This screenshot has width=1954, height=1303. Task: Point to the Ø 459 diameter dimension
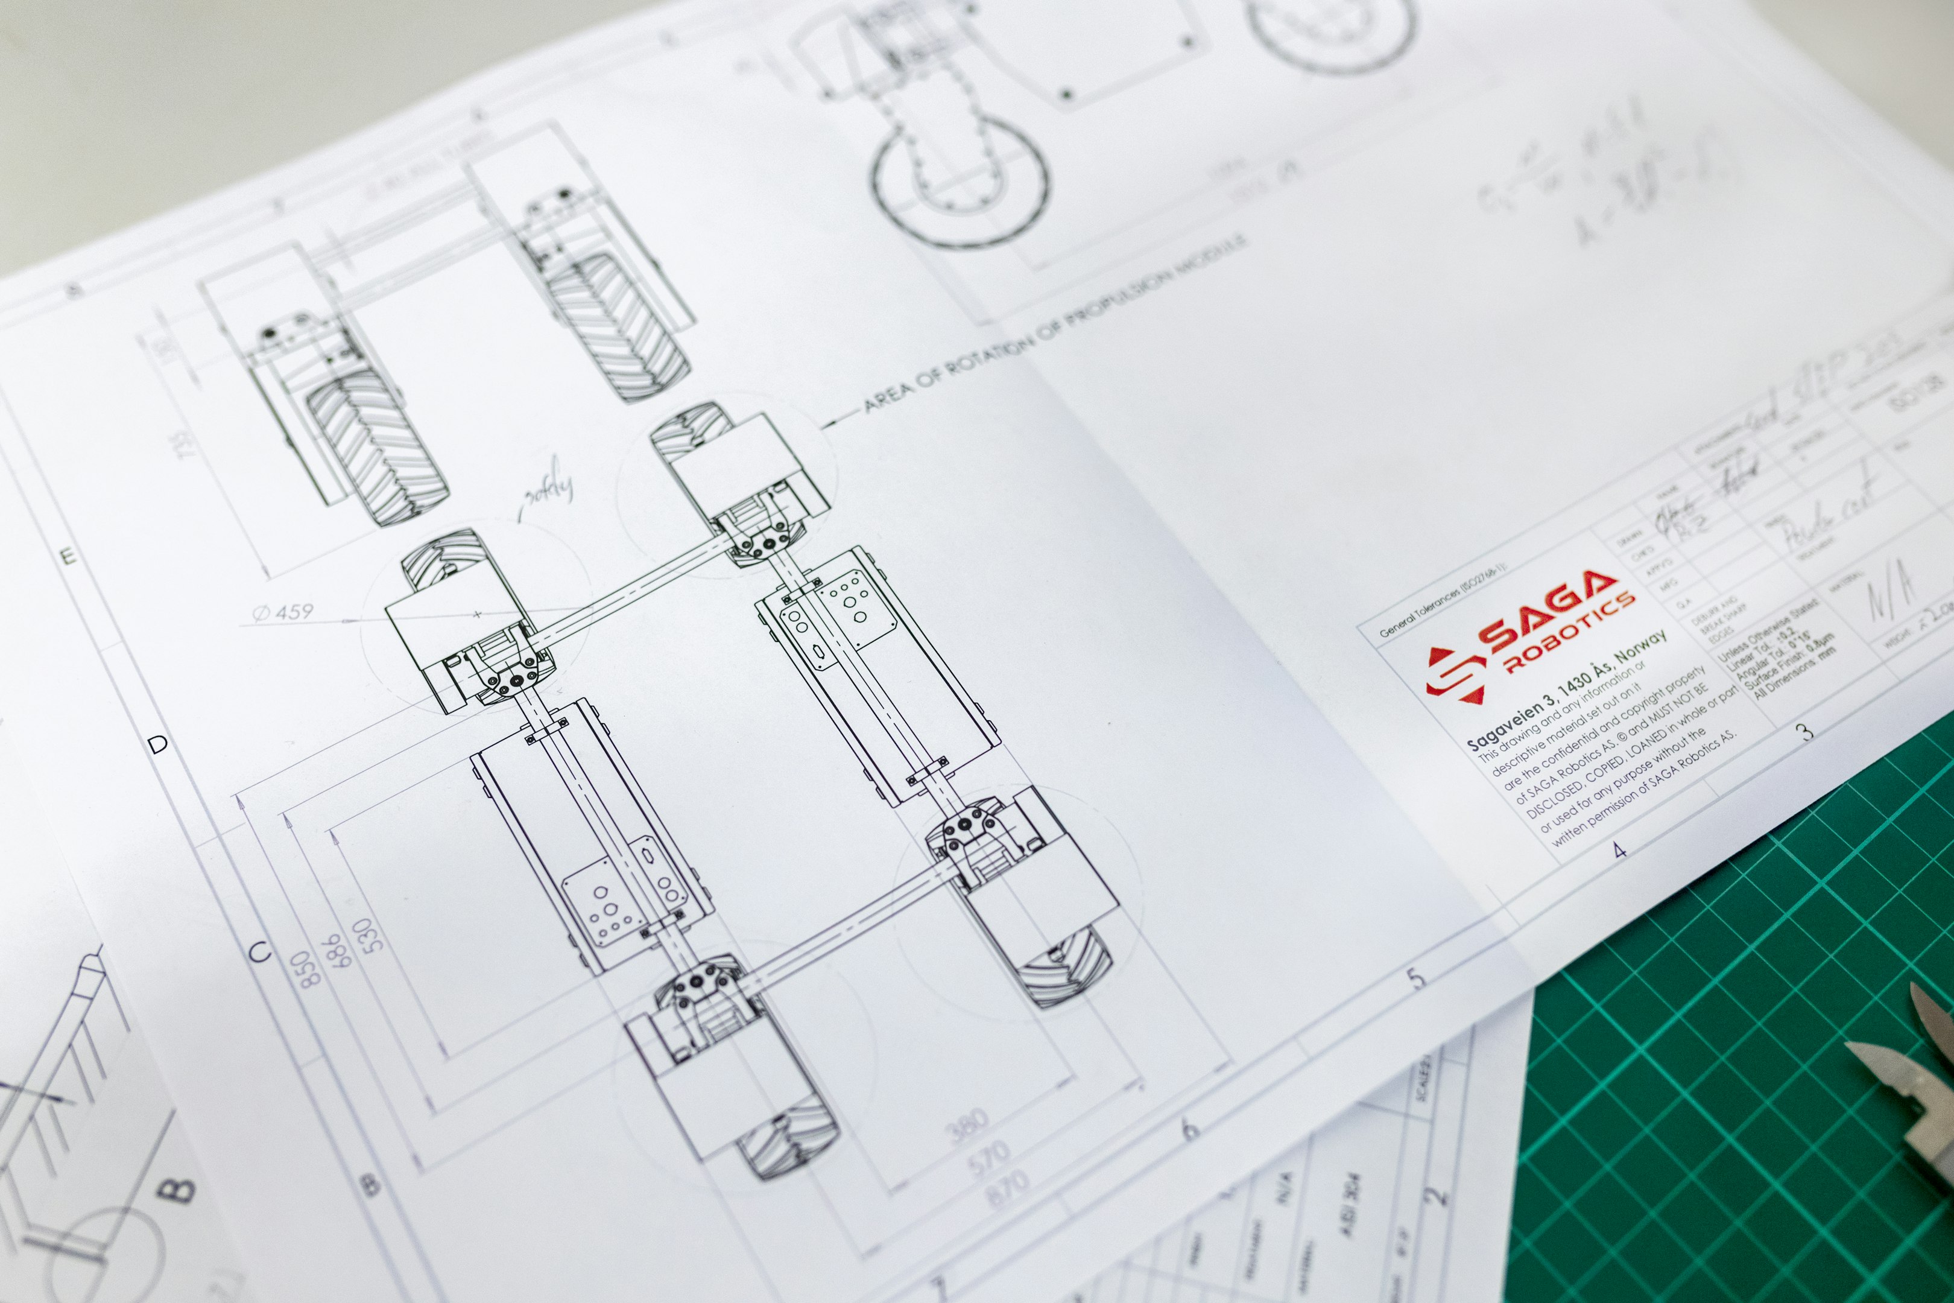point(283,612)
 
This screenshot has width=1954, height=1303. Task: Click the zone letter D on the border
point(158,743)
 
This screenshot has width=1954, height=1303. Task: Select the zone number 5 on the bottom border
point(1417,977)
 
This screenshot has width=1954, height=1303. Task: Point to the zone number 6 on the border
point(1190,1129)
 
